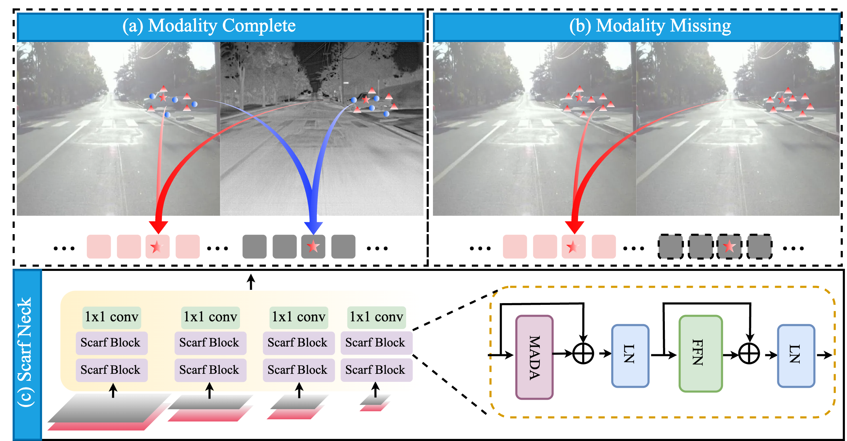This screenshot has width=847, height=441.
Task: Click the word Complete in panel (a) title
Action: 259,26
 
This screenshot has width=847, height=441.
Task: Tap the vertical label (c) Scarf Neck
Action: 26,352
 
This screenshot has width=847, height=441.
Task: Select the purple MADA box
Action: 534,357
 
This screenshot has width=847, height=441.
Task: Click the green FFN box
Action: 701,353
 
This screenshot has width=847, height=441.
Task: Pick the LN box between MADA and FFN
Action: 630,355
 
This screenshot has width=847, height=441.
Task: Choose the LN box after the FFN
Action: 796,355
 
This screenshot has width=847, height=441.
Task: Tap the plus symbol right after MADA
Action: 583,353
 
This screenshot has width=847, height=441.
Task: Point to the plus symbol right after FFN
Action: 749,353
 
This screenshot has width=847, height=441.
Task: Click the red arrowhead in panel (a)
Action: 158,226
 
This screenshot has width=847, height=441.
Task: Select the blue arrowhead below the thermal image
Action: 314,227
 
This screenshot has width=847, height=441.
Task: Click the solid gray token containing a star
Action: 313,247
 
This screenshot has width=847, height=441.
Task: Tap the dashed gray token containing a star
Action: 729,247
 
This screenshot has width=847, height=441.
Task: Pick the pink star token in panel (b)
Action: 573,247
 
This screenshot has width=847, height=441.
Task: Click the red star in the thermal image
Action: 366,99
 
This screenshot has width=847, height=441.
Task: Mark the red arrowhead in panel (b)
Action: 574,226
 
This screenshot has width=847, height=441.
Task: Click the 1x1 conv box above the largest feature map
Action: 112,317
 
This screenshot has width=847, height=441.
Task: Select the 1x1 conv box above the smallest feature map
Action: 377,317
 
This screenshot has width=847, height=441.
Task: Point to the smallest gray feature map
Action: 376,399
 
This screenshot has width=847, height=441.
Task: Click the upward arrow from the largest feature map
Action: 113,390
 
